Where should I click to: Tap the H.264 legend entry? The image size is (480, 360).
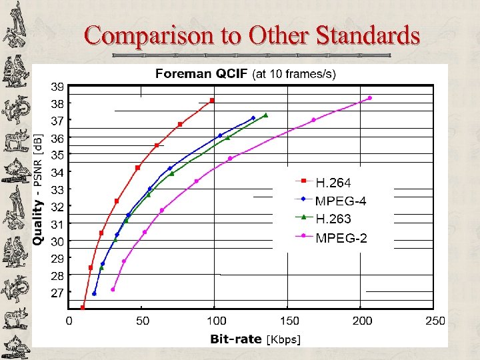pos(333,181)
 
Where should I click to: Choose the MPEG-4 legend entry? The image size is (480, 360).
pos(341,200)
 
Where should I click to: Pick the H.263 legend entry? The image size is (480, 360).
pos(333,219)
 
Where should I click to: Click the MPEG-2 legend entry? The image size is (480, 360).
pos(341,237)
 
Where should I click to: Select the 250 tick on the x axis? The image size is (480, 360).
pos(435,321)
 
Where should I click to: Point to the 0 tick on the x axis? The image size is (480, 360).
pos(69,321)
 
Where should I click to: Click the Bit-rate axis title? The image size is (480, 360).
pos(236,339)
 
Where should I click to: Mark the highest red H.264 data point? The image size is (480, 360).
pos(212,101)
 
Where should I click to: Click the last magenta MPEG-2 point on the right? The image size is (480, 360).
pos(370,98)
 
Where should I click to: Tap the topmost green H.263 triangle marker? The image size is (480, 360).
pos(265,115)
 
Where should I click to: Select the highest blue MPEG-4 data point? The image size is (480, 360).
pos(253,118)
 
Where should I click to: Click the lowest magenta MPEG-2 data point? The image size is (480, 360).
pos(113,289)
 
